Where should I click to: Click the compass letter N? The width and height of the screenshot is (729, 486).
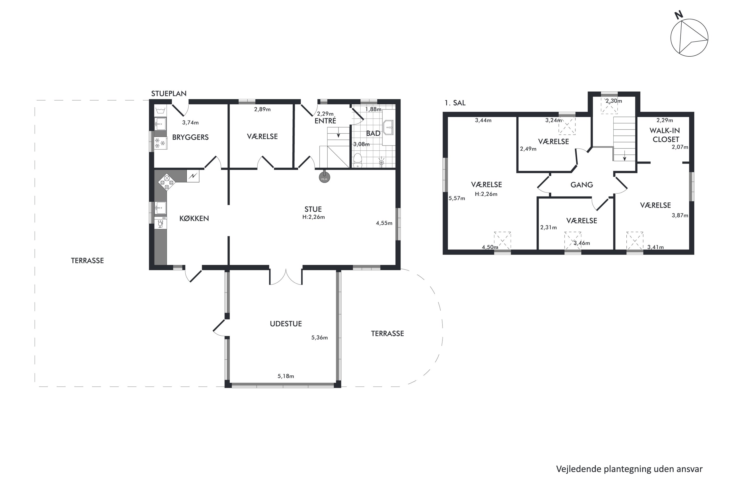pos(679,15)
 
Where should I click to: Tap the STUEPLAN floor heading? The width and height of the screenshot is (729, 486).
pos(169,94)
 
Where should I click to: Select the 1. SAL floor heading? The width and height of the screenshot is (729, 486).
pos(455,103)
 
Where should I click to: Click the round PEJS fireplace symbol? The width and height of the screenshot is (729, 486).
pos(324,178)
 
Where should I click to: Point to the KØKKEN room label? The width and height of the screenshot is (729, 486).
pos(194,218)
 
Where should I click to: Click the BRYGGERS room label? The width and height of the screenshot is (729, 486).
pos(190,137)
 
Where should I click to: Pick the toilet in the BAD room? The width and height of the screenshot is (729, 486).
pos(358,160)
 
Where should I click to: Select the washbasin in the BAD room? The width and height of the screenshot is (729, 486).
pos(388,127)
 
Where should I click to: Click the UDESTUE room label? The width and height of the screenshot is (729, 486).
pos(286,324)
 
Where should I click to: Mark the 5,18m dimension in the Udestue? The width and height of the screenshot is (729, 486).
pos(286,376)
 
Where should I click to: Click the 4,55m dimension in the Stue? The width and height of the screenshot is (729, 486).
pos(384,223)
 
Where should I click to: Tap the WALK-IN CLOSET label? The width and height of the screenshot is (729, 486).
pos(665,135)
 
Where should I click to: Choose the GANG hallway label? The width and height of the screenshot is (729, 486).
pos(582,185)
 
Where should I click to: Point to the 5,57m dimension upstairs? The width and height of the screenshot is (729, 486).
pos(457,198)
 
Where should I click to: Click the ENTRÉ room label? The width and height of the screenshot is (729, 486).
pos(325,121)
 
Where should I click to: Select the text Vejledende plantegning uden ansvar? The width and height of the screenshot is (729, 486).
pos(629,469)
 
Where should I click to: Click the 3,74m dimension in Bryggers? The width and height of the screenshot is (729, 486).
pos(190,123)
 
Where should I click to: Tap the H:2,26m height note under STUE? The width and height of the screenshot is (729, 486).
pos(314,217)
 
